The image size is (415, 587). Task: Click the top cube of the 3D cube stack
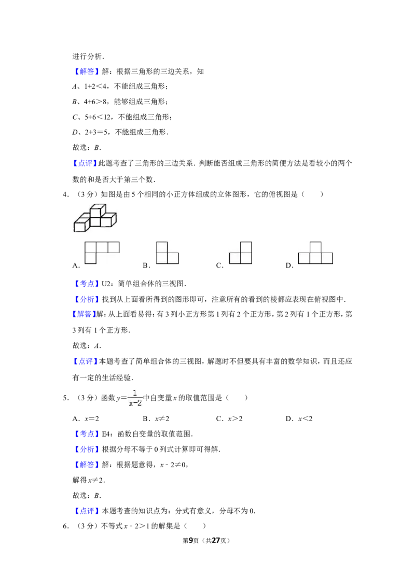pos(96,211)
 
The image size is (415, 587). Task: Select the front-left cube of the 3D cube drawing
pos(80,226)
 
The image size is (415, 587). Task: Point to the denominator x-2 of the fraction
pos(135,403)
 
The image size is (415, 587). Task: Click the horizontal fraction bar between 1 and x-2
pos(135,398)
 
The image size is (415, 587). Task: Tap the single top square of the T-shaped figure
pos(315,247)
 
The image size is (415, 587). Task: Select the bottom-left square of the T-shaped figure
pos(305,258)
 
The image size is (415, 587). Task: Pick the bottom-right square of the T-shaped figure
pos(327,258)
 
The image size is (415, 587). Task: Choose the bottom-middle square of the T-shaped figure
pos(315,258)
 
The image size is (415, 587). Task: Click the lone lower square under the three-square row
pos(90,258)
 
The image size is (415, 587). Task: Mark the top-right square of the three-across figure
pos(114,247)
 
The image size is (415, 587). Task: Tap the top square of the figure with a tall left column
pos(161,247)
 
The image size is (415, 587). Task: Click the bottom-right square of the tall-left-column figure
pos(173,258)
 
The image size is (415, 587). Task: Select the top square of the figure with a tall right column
pos(246,247)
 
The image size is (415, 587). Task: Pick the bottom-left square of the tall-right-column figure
pos(235,258)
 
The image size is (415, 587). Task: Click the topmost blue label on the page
pos(87,72)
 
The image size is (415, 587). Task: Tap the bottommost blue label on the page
pos(87,511)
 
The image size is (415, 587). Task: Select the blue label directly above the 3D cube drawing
pos(85,164)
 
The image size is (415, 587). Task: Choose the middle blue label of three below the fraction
pos(87,449)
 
